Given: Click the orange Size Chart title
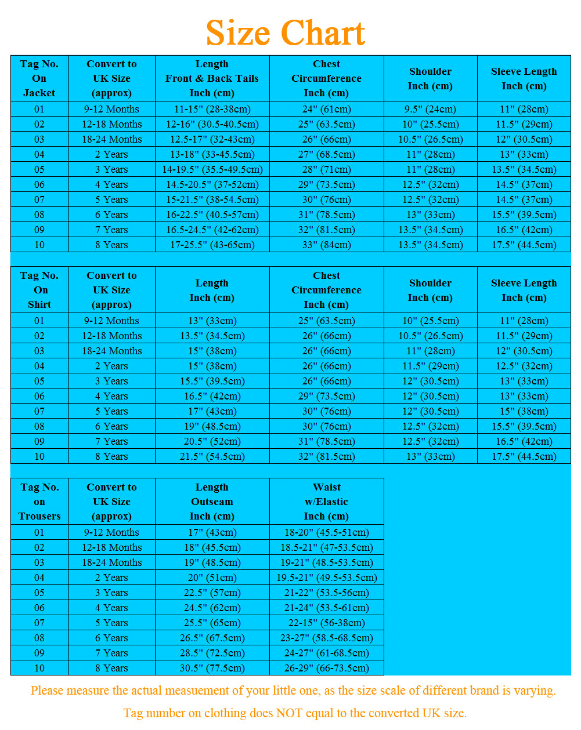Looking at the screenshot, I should coord(285,33).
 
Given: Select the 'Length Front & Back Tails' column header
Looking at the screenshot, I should coord(212,78).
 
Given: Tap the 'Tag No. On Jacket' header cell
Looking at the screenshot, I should coord(39,78).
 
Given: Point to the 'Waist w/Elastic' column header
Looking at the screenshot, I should coord(326,502).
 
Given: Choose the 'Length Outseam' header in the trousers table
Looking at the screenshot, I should coord(212,502).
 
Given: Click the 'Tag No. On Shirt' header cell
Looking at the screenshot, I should coord(39,290).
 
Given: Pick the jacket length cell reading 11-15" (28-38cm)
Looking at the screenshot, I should coord(212,109).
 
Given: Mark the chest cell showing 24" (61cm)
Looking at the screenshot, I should coord(326,109).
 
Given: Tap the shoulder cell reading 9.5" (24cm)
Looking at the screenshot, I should coord(430,109).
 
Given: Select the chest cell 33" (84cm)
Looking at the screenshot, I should coord(326,245).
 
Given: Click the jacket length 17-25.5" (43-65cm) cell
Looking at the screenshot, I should coord(212,245).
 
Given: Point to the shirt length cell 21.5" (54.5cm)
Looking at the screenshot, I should coord(212,456).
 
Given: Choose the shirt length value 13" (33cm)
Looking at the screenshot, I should coord(212,321).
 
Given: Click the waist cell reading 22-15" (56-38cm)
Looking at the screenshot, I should coord(326,623).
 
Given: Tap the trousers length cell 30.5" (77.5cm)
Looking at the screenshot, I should coord(212,668).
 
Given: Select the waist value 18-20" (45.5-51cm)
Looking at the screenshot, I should coord(326,532).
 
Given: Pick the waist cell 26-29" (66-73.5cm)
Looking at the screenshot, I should coord(326,668).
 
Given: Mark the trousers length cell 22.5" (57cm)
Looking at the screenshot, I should coord(212,593).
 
